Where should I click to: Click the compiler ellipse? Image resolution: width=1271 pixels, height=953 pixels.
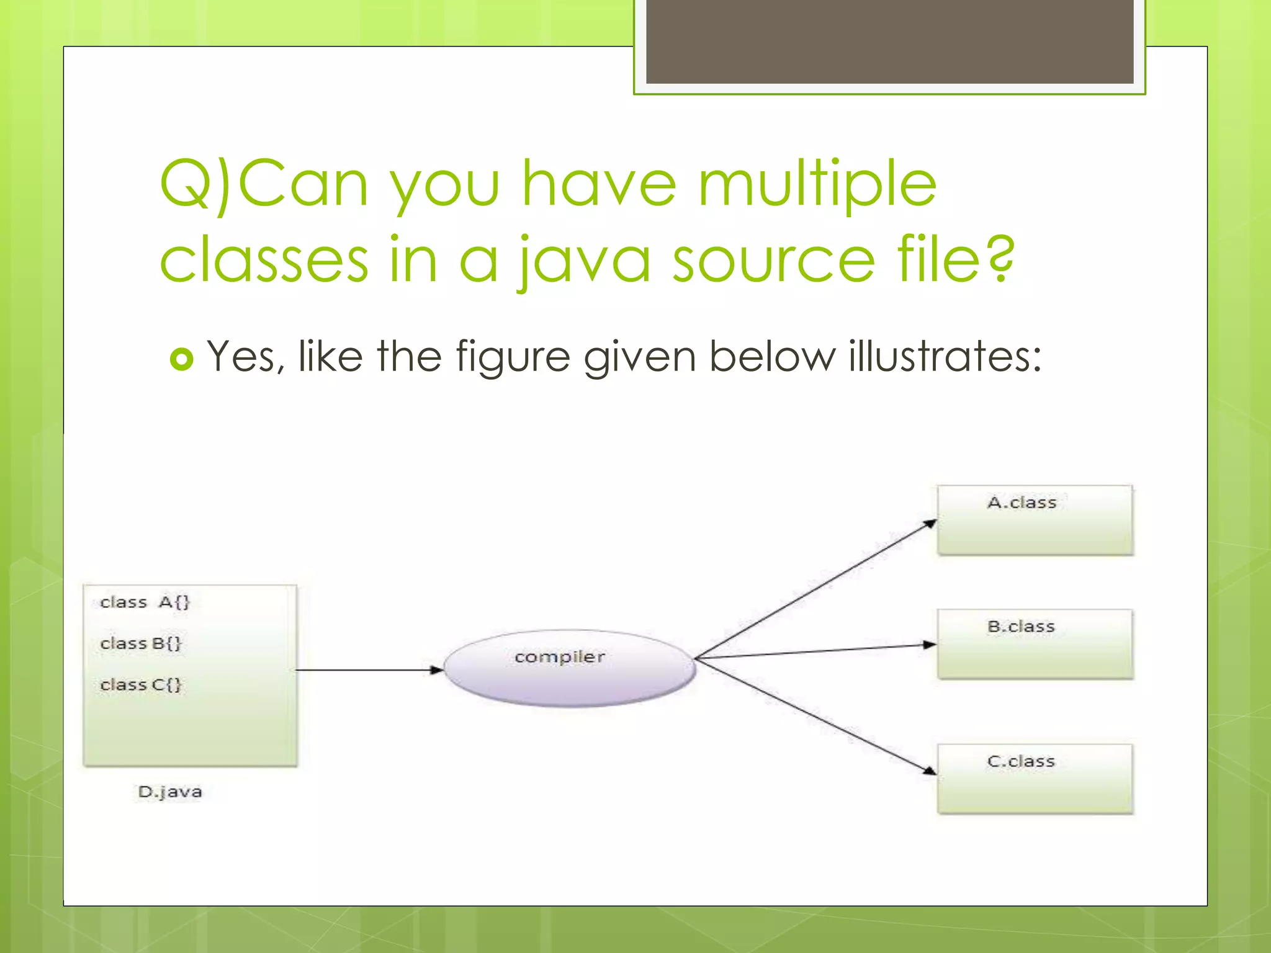569,669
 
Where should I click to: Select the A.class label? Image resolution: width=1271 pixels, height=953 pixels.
1022,503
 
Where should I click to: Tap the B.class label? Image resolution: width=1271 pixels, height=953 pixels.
1021,627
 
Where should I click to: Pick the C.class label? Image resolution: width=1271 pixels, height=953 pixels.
1021,761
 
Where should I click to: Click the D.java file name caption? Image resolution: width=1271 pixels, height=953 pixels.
170,792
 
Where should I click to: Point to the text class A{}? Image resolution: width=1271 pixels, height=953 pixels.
145,602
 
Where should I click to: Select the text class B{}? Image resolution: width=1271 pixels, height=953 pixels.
141,643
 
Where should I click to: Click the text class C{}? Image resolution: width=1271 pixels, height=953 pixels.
141,685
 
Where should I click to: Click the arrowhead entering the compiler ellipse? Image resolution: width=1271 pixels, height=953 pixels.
437,670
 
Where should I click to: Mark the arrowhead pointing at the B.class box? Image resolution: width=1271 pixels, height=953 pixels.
930,645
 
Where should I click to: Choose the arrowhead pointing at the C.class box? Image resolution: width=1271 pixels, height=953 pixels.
930,771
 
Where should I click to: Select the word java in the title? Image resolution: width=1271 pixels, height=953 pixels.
585,261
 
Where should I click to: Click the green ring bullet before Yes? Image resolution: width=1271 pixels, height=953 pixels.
181,359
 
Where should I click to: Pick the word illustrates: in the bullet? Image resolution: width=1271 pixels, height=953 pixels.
945,357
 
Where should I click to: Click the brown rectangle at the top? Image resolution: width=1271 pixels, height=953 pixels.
889,41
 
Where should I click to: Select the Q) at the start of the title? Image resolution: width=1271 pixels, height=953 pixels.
195,184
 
